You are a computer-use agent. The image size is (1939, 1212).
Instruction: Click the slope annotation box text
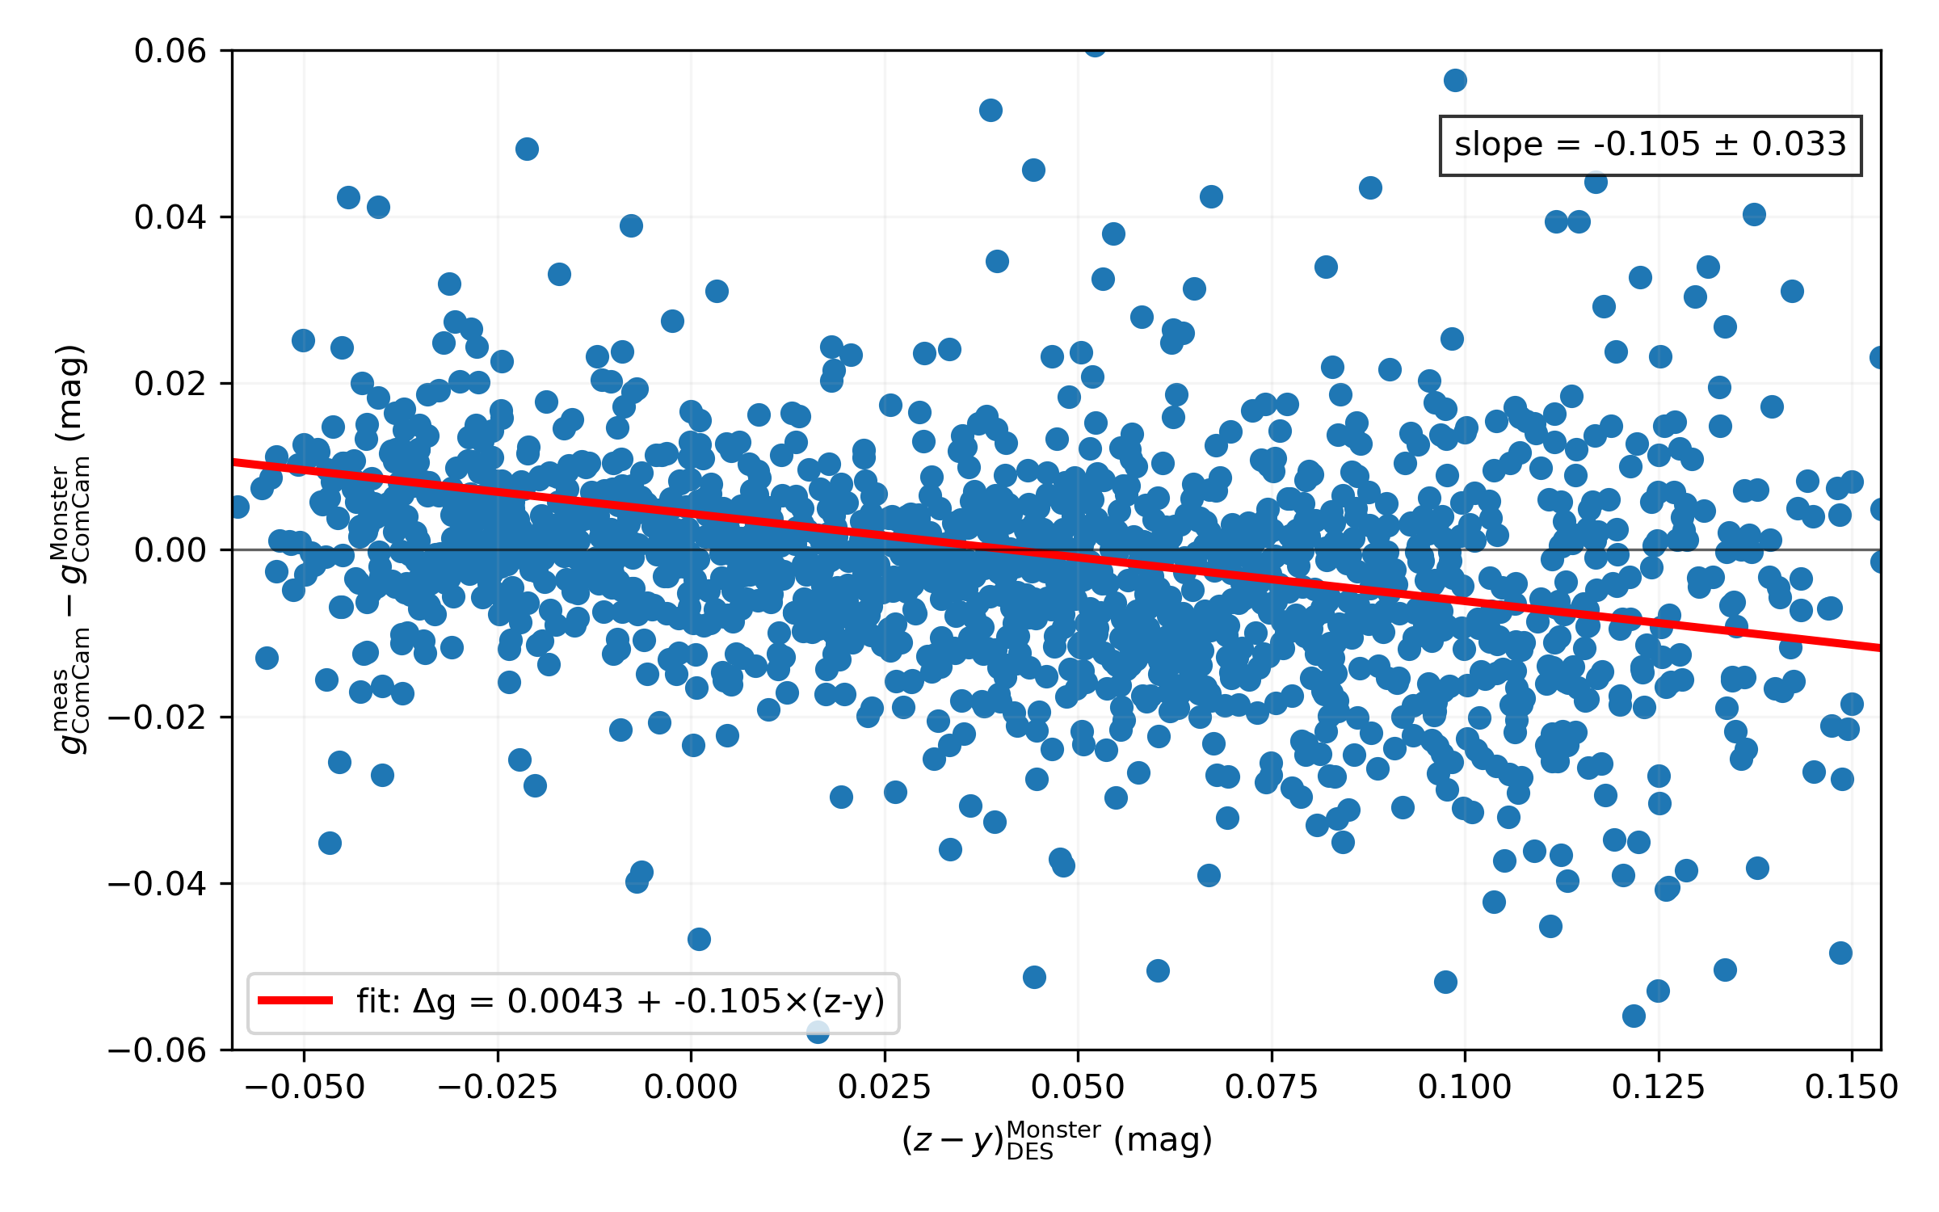(x=1650, y=145)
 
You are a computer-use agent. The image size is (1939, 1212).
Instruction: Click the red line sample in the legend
(x=295, y=1000)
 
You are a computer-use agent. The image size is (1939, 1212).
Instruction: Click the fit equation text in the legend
(x=620, y=1002)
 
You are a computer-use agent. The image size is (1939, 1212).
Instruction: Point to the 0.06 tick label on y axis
(x=170, y=51)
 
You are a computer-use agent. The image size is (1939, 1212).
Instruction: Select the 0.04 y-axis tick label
(x=170, y=217)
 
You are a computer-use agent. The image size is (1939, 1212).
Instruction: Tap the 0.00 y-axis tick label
(x=170, y=550)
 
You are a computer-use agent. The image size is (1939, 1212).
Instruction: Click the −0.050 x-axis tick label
(x=305, y=1088)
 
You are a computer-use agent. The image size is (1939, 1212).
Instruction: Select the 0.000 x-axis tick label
(x=691, y=1088)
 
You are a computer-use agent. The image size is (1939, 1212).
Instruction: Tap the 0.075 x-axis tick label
(x=1271, y=1088)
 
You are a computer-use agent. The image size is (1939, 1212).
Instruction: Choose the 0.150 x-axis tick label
(x=1851, y=1088)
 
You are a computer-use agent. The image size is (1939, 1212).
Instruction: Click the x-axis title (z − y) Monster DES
(x=1057, y=1140)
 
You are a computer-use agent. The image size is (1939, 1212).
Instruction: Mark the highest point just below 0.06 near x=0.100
(x=1455, y=80)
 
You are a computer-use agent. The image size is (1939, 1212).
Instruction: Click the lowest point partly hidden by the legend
(x=818, y=1032)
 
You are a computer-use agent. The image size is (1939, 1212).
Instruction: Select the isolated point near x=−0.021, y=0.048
(x=527, y=149)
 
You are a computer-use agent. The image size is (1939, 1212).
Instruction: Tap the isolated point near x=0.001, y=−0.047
(x=699, y=939)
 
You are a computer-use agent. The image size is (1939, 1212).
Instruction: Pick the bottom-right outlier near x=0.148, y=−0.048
(x=1840, y=953)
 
